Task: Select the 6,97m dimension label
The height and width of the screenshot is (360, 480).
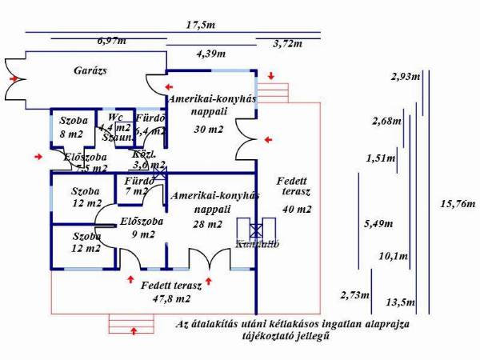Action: click(x=112, y=39)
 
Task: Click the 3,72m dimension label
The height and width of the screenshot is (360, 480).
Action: click(x=287, y=42)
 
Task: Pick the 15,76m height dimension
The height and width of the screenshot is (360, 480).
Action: click(x=456, y=204)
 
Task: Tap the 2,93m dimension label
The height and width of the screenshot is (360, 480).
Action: click(x=406, y=77)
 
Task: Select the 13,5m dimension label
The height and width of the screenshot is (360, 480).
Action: click(x=401, y=302)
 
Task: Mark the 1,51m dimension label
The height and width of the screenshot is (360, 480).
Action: click(x=381, y=158)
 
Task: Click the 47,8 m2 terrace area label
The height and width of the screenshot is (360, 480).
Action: click(x=166, y=298)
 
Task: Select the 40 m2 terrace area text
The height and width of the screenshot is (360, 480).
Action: click(x=296, y=209)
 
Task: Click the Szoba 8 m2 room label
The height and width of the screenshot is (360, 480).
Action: click(x=74, y=128)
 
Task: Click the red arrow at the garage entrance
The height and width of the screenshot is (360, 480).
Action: click(x=14, y=80)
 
